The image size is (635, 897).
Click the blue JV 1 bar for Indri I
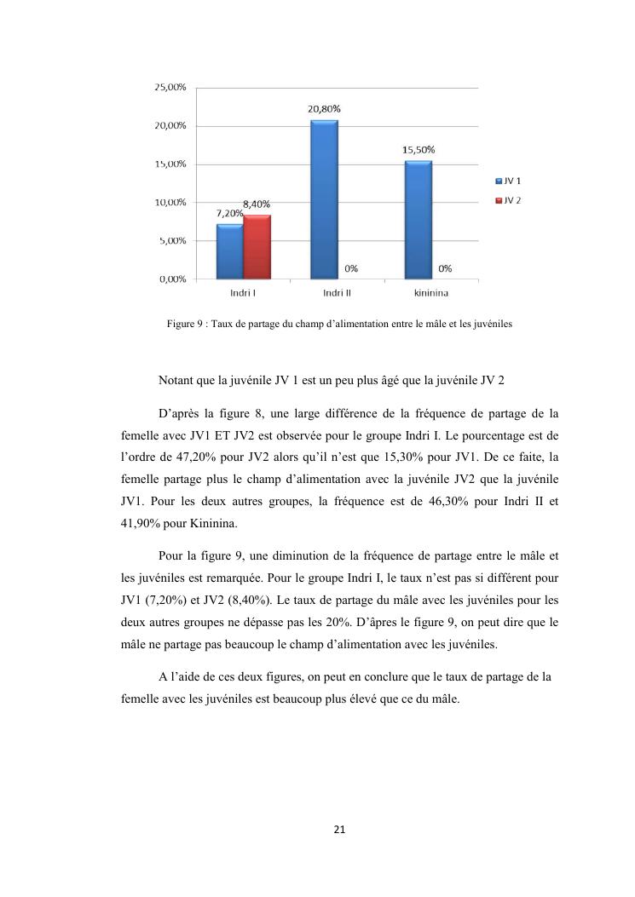230,251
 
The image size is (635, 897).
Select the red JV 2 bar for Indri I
257,247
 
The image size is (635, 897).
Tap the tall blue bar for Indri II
324,199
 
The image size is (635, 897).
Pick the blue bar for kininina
418,220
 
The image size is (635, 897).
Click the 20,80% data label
324,109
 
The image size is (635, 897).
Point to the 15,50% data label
419,150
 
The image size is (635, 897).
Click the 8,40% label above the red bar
257,204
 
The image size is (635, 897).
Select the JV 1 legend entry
510,181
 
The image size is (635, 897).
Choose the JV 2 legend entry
510,200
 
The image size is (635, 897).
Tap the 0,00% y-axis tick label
171,279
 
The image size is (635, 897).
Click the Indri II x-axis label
338,293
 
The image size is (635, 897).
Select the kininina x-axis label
431,293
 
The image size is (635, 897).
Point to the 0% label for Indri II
350,269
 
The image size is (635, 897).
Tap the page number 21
340,829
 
